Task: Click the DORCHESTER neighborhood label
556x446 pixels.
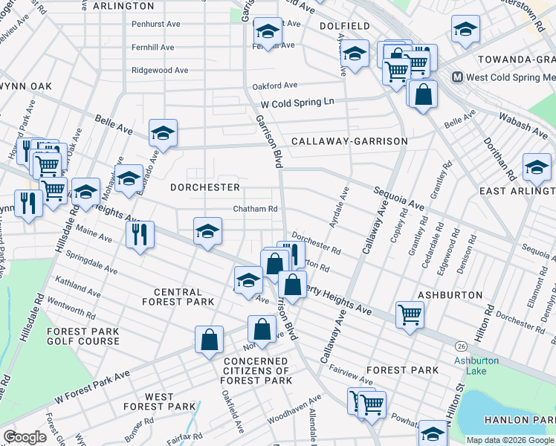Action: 205,187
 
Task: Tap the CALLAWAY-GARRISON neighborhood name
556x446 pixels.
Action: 349,141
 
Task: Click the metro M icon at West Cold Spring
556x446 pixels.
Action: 458,77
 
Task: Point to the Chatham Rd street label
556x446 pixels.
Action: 255,209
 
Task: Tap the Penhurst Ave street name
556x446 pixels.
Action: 156,24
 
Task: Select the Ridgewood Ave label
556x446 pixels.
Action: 160,70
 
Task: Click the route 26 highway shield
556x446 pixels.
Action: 462,346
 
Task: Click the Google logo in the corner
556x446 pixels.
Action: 25,437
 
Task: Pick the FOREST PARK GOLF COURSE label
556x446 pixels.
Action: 83,336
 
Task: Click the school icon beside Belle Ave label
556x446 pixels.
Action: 163,133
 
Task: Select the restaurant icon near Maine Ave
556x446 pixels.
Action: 140,235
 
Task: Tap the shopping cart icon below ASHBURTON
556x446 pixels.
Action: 410,314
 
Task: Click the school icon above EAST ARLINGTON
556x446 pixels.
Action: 537,167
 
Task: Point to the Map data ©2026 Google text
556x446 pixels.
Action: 510,440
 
